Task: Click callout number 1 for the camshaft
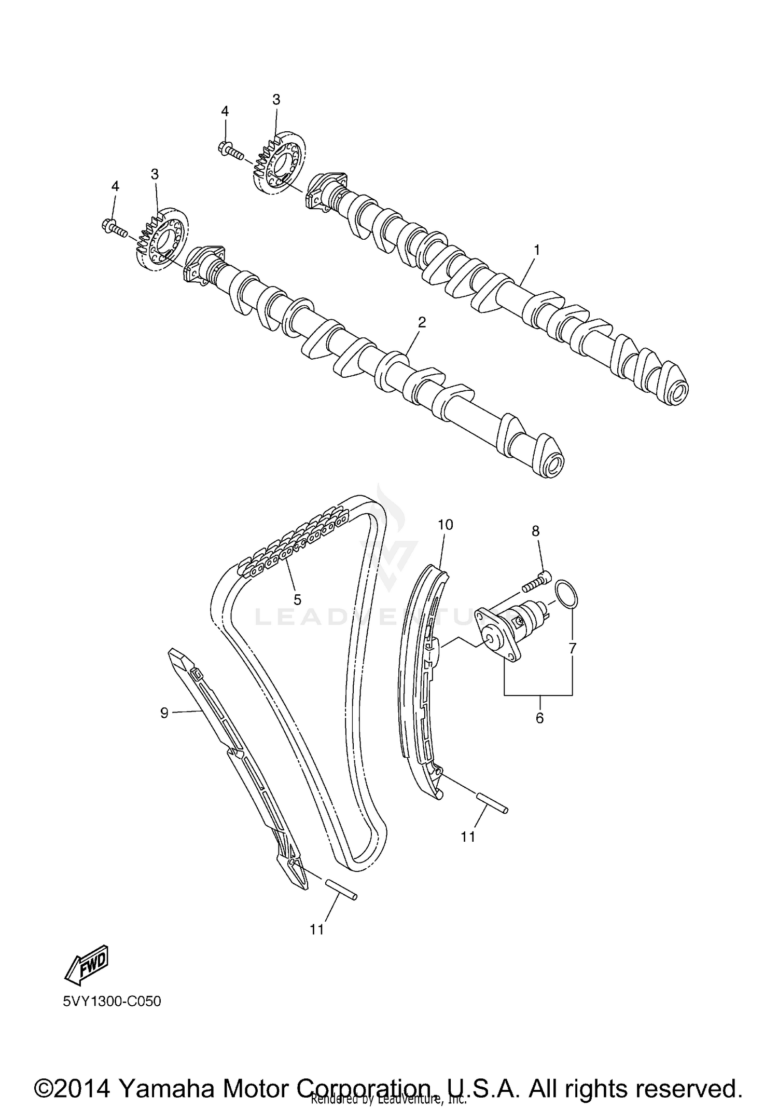[x=537, y=250]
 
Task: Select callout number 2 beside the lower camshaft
[x=422, y=322]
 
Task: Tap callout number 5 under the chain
[x=297, y=599]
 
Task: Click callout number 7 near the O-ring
[x=572, y=648]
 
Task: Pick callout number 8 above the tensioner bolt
[x=535, y=531]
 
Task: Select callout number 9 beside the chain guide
[x=164, y=713]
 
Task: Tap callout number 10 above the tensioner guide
[x=446, y=525]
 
